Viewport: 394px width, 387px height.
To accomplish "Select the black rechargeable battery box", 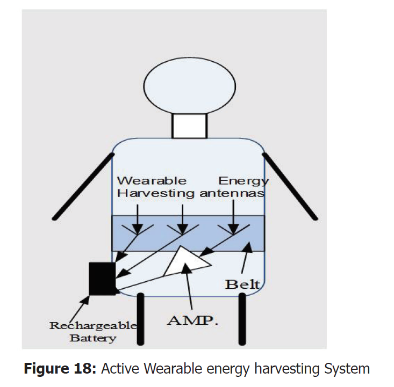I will click(102, 278).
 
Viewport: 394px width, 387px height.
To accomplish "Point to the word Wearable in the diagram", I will click(152, 180).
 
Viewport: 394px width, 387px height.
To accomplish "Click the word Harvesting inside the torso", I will click(156, 193).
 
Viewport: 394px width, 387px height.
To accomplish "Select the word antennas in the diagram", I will click(232, 193).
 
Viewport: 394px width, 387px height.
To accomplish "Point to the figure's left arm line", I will click(82, 185).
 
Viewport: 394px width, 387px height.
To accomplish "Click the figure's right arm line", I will click(291, 185).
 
